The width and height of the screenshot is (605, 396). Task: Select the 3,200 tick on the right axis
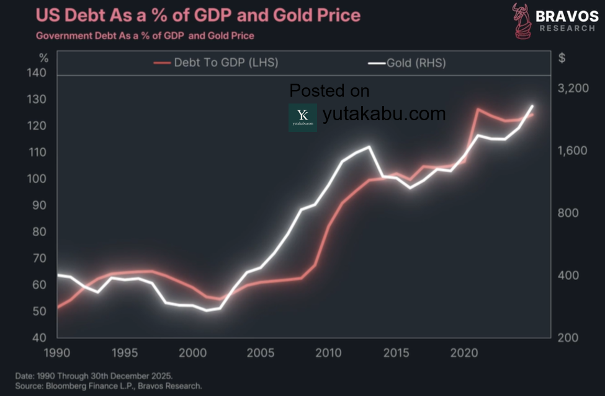tap(572, 89)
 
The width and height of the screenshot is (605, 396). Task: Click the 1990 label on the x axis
tap(57, 352)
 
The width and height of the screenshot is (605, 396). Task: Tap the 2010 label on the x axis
tap(328, 352)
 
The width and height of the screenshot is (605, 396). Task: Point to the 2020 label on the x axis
tap(464, 352)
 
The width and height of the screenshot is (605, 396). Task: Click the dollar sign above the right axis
tap(562, 58)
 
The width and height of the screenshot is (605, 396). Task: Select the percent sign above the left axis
tap(43, 58)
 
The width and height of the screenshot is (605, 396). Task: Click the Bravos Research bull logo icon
tap(522, 20)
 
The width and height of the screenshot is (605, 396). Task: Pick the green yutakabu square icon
tap(303, 117)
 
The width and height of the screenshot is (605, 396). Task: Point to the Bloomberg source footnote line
tap(109, 385)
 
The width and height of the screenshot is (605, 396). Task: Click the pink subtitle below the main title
tap(145, 36)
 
